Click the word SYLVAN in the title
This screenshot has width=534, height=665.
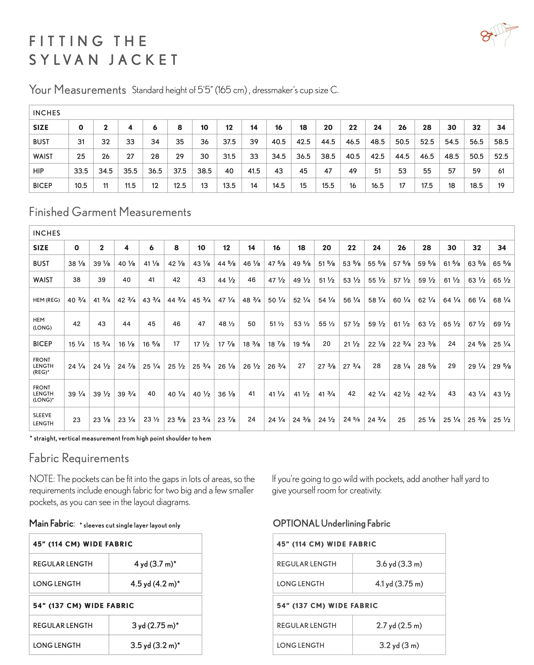coord(64,60)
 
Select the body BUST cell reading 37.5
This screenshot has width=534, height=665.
coord(229,142)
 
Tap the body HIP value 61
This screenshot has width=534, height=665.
coord(501,171)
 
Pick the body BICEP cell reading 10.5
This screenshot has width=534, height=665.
coord(81,186)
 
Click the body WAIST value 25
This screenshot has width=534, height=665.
coord(81,156)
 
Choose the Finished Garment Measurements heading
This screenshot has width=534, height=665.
coord(110,212)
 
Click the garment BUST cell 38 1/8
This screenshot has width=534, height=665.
coord(76,264)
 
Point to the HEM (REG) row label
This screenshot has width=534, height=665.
coord(46,300)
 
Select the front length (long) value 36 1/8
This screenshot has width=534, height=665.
coord(226,394)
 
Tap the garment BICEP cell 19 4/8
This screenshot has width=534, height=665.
coord(301,344)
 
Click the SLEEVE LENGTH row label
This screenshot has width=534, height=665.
coord(43,419)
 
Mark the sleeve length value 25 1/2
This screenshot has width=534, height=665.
coord(502,420)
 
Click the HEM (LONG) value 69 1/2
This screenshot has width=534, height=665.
coord(502,324)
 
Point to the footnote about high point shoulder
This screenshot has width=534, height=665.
coord(120,438)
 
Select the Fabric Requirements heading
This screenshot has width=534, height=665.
coord(79,458)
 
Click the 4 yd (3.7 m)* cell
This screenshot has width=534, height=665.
coord(155,564)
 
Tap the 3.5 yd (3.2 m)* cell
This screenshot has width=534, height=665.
coord(155,645)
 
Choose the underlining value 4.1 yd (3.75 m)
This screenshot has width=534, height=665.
coord(399,584)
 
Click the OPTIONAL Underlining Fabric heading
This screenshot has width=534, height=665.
coord(331,523)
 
